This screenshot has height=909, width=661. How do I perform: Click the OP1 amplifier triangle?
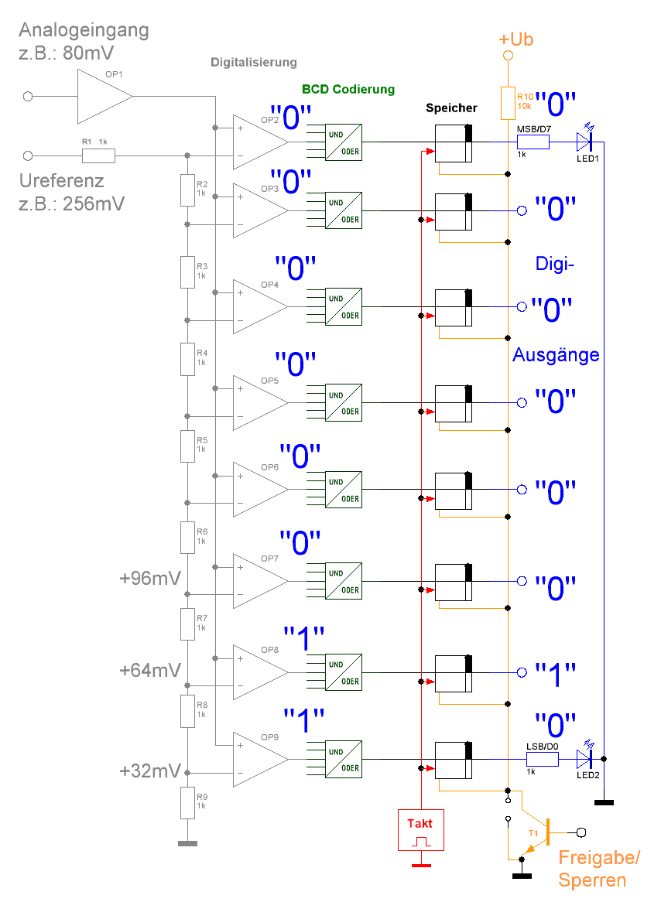point(103,97)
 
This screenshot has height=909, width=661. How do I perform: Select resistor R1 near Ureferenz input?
point(98,155)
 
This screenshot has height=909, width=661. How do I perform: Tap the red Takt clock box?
point(420,829)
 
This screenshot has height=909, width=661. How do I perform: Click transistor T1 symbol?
point(543,832)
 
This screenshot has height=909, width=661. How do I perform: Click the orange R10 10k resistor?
point(508,103)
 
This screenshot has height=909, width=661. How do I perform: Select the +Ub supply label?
point(516,39)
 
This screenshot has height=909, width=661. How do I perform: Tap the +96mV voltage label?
point(151,578)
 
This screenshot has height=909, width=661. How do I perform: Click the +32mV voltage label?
point(151,771)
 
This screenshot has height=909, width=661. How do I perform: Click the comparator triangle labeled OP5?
point(259,402)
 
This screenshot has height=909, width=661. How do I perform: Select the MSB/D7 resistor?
point(533,142)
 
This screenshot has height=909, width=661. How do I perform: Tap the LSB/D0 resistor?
point(543,759)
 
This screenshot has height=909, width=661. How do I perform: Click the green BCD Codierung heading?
point(348,90)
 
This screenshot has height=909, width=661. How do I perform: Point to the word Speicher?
point(452,108)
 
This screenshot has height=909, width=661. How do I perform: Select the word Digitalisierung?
point(254,63)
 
